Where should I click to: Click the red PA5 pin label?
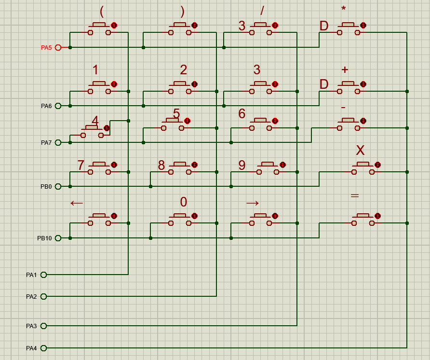tap(46, 47)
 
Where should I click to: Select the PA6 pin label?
tap(46, 106)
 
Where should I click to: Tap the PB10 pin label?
tap(44, 238)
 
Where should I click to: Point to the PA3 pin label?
tap(31, 326)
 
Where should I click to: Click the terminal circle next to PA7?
tap(58, 142)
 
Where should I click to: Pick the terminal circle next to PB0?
tap(58, 186)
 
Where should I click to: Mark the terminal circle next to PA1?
tap(44, 275)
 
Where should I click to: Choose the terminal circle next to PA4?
tap(44, 348)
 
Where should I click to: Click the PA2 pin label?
tap(31, 296)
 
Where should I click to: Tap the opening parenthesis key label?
tap(102, 11)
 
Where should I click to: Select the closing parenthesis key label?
tap(182, 11)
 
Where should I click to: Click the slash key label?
tap(262, 11)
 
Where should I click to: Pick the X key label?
tap(360, 151)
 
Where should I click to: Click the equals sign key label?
tap(355, 196)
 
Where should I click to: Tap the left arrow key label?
tap(77, 203)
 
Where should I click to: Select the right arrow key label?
tap(253, 203)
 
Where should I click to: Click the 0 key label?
tap(184, 202)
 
